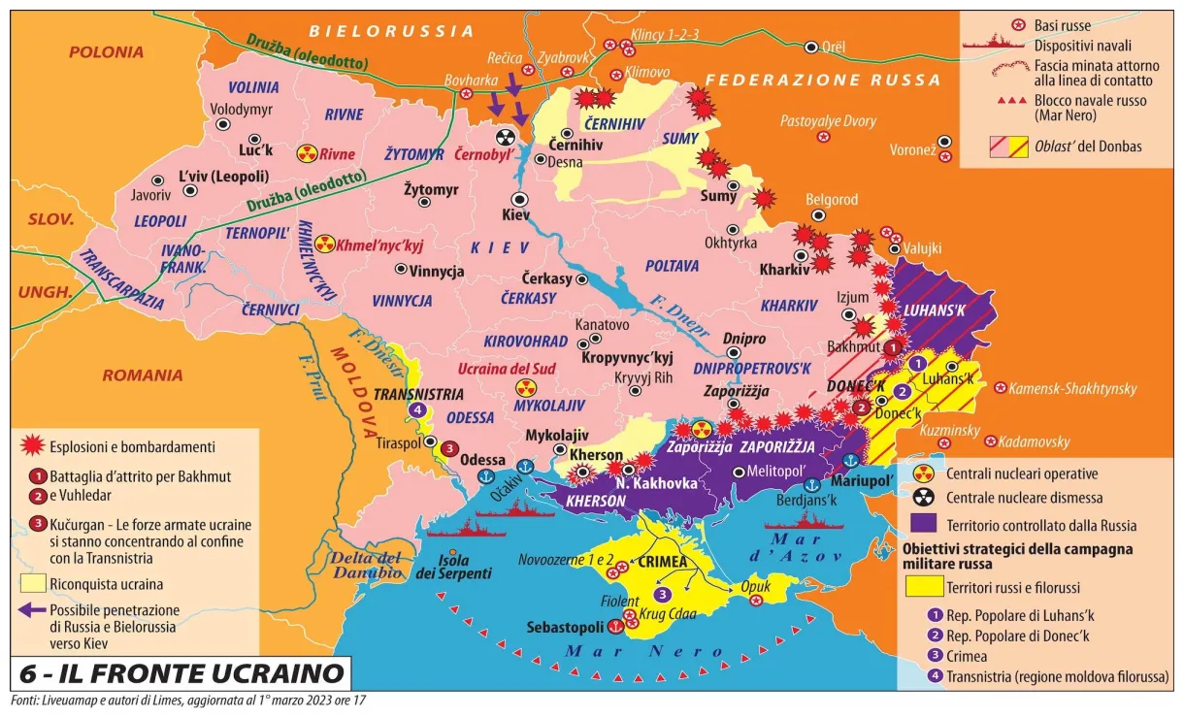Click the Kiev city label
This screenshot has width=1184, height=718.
(x=516, y=215)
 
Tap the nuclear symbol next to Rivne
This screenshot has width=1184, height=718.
(x=307, y=153)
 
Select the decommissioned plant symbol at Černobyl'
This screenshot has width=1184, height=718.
(x=506, y=138)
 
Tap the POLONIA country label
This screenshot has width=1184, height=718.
(x=106, y=52)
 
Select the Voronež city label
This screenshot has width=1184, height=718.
(x=911, y=150)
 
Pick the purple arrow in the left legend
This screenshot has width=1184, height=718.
(x=33, y=610)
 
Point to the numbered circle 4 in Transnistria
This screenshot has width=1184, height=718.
(x=417, y=410)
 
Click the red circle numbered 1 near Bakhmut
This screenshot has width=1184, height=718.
(x=893, y=345)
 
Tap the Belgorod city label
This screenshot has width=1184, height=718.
(x=832, y=199)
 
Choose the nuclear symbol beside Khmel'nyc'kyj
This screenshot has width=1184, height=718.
(x=324, y=245)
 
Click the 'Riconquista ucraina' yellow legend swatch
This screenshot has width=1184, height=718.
(x=33, y=584)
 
